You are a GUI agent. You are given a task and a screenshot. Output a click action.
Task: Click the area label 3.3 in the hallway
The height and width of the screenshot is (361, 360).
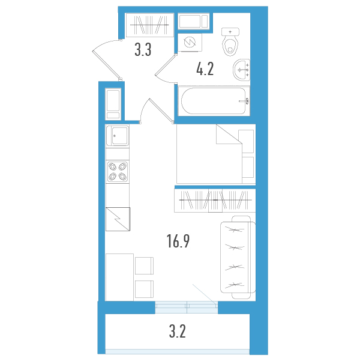click(x=143, y=50)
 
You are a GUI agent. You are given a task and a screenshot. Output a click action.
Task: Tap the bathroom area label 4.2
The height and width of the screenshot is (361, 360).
click(x=205, y=69)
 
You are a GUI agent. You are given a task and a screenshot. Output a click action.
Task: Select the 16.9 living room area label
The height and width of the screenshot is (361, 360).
click(x=178, y=241)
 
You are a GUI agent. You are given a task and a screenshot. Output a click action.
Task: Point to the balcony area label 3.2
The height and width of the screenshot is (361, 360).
click(x=178, y=332)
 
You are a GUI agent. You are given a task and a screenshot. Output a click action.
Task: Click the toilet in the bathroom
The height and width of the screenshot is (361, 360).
click(x=230, y=42)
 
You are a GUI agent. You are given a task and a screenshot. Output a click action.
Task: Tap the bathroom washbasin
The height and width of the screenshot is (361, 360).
click(x=241, y=70)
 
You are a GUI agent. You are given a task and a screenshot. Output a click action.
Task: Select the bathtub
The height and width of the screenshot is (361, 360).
click(x=214, y=101)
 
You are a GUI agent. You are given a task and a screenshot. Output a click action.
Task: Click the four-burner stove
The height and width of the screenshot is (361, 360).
click(x=118, y=171)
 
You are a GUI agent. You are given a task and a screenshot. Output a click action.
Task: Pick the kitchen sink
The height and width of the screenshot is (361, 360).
click(x=118, y=136)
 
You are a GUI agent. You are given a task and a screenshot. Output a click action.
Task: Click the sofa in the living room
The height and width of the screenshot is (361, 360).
click(x=238, y=257)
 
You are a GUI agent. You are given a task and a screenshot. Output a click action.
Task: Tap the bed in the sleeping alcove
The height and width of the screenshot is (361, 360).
click(x=216, y=154)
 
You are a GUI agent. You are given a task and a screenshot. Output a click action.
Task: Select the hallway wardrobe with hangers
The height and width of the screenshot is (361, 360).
click(x=149, y=25)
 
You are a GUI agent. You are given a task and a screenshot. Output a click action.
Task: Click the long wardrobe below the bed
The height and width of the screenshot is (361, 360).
click(x=215, y=200)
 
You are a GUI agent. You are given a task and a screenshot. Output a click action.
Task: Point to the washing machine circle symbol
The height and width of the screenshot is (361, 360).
click(x=190, y=43)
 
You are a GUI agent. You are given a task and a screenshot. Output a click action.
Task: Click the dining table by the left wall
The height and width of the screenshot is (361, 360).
click(x=119, y=277)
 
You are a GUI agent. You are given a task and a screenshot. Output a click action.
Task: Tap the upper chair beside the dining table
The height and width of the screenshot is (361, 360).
click(x=144, y=265)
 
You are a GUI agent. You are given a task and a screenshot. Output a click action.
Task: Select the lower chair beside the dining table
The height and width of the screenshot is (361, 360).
click(x=144, y=289)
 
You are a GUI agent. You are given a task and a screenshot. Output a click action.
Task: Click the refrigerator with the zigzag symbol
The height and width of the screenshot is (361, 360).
click(x=118, y=219)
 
